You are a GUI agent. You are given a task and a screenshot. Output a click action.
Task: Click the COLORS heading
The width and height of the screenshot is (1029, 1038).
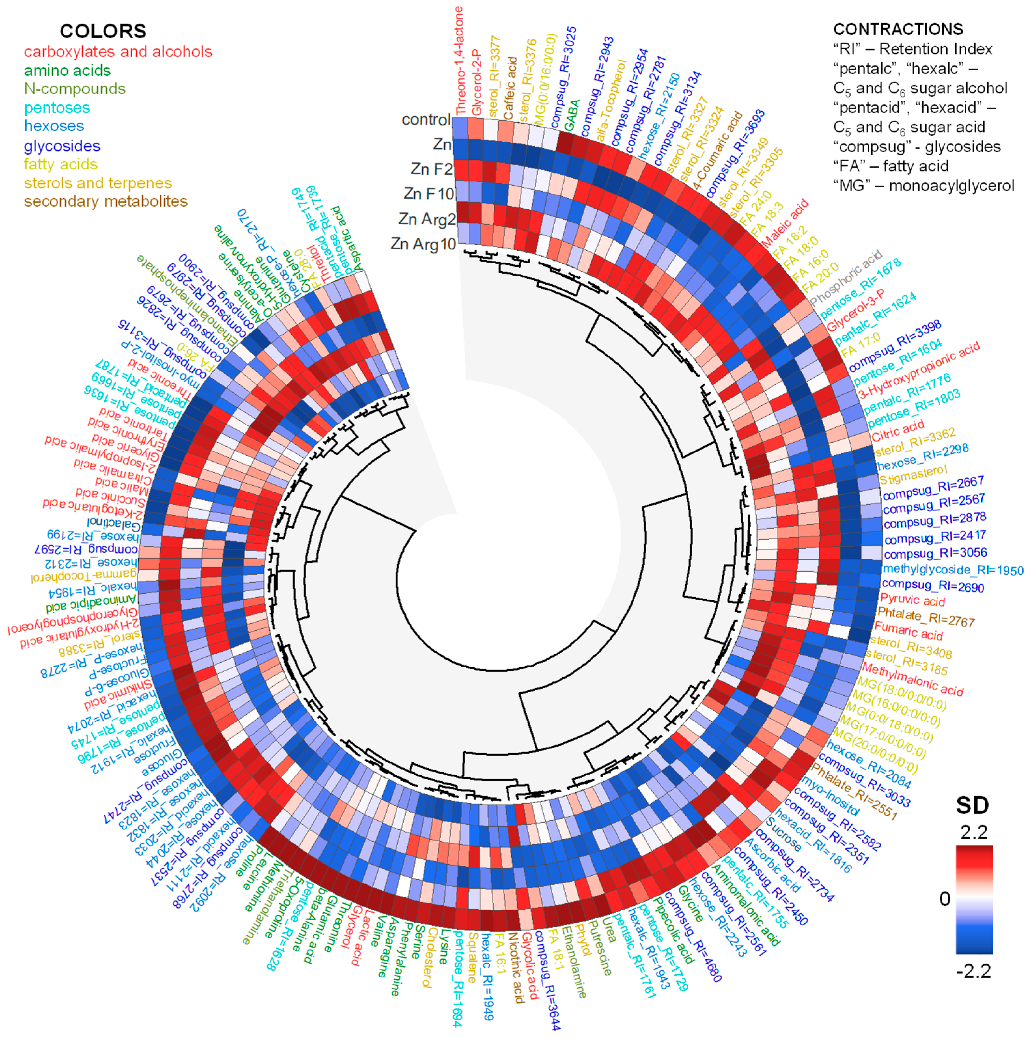coord(103,31)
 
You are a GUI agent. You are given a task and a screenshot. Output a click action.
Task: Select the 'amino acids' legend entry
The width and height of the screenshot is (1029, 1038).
coord(67,70)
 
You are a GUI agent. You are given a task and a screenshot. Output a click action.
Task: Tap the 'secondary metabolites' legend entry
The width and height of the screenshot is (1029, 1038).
coord(105,201)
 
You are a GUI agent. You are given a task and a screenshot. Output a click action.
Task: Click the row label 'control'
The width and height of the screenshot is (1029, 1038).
coord(426,119)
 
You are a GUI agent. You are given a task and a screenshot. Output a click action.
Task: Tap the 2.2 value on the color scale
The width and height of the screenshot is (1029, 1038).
coord(974,832)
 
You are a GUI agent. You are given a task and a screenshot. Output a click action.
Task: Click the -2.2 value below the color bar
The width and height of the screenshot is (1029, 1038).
coord(974,971)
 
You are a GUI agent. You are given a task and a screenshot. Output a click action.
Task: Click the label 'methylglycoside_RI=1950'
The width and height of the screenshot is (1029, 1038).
coord(953,570)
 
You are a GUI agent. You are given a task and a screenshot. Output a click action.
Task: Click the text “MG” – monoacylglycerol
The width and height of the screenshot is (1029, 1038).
coord(923,186)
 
